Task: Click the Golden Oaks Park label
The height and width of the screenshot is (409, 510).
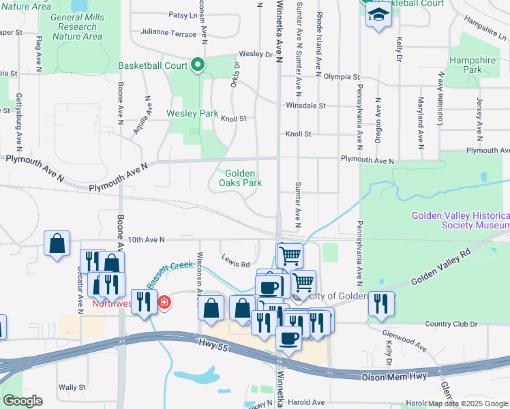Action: point(240,178)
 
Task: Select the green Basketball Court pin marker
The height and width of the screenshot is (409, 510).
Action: point(198,65)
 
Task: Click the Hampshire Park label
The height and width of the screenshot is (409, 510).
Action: point(472,65)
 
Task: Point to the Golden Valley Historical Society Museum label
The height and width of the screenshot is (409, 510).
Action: point(460,220)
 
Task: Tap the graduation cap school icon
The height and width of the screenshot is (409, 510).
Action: point(378,14)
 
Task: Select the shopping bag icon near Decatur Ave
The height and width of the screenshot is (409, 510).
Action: point(57,243)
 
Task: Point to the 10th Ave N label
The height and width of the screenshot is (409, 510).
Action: point(147,239)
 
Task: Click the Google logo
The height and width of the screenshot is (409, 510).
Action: point(22,401)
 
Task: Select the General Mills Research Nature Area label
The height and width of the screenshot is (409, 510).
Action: point(78,27)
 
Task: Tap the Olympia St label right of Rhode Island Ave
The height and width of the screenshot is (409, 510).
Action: point(341,77)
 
